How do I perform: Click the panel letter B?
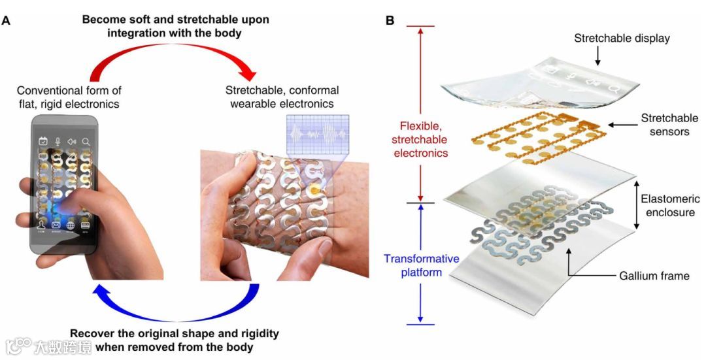click(x=390, y=20)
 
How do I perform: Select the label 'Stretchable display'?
click(x=622, y=39)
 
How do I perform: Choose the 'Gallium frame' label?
click(x=654, y=276)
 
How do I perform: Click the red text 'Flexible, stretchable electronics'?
click(x=416, y=139)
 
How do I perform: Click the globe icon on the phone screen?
click(x=71, y=225)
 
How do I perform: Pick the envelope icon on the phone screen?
click(x=56, y=225)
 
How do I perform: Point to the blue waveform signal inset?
click(x=317, y=134)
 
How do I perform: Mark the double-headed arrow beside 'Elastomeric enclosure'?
click(x=637, y=206)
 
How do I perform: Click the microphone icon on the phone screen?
click(x=58, y=141)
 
